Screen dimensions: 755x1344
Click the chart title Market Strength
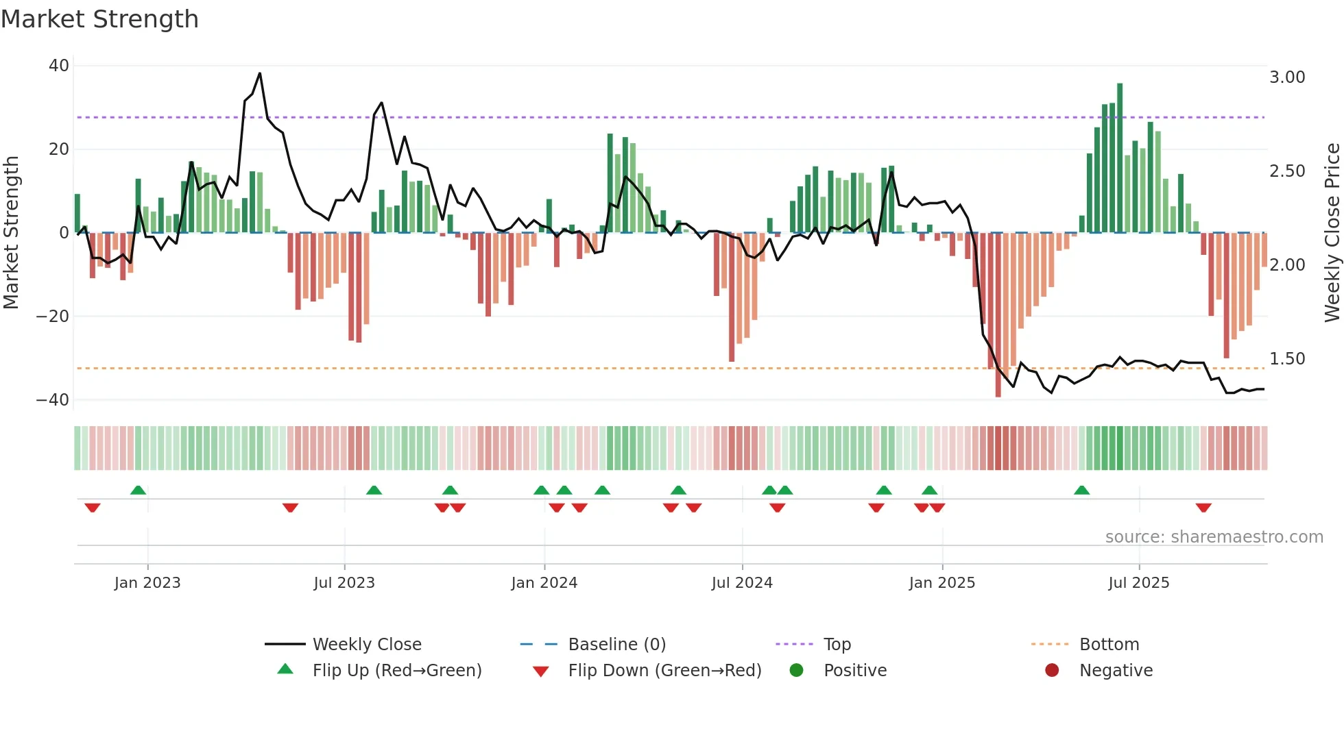click(99, 19)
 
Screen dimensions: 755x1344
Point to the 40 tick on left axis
click(59, 66)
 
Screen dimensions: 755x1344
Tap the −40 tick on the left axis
click(53, 399)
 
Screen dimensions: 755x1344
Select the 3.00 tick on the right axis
click(1287, 77)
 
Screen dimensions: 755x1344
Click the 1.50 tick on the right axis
click(1287, 359)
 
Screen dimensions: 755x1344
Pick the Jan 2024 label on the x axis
click(544, 583)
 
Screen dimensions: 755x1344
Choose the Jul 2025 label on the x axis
click(1139, 583)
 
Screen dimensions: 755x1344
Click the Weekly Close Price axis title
click(1332, 233)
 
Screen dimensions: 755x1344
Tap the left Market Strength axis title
click(12, 233)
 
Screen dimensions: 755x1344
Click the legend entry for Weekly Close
click(367, 645)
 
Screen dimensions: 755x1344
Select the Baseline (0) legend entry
click(616, 645)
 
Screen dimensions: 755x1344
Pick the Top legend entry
click(837, 645)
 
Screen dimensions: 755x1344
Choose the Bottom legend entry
click(1109, 645)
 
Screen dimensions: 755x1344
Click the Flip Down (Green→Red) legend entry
click(664, 671)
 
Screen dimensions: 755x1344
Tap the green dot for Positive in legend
click(796, 671)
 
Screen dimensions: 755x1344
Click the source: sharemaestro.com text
click(1214, 537)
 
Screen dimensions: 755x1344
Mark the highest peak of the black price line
click(260, 73)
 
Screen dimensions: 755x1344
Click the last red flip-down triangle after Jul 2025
click(1203, 508)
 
